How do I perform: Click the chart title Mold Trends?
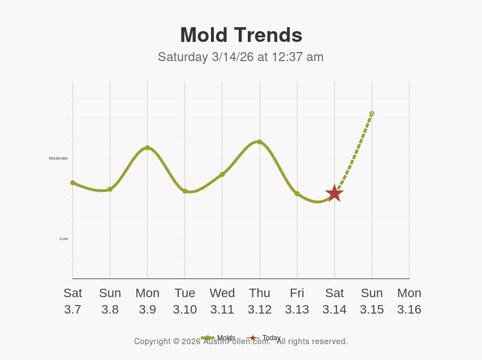point(241,35)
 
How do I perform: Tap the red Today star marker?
point(334,193)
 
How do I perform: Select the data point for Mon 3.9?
point(148,148)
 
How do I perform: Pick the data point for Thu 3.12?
point(260,142)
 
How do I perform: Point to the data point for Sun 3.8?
point(110,189)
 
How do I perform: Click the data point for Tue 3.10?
point(185,191)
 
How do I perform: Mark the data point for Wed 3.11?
point(222,174)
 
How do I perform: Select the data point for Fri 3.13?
point(297,194)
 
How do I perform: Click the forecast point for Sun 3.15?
point(372,113)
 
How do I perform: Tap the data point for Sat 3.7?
point(73,183)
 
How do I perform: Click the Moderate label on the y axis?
point(58,158)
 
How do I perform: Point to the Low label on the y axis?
point(64,239)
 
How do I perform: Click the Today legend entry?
point(271,338)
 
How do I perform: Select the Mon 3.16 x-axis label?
point(409,301)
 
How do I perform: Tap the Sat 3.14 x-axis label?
point(334,301)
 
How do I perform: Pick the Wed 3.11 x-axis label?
point(222,301)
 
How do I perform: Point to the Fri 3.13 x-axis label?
point(297,301)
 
